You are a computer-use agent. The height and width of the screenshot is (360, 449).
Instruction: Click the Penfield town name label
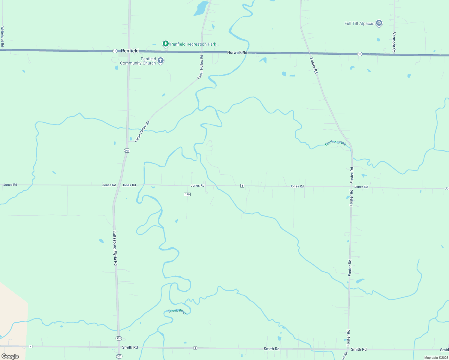coord(130,51)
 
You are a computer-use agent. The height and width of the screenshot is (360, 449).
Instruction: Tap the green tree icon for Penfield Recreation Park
coord(165,44)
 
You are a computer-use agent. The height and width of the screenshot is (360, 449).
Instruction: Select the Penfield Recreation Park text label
coord(193,44)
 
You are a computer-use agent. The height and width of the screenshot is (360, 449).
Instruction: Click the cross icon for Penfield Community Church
coord(161,61)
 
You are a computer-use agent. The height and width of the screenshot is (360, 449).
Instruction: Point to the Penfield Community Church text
coord(138,61)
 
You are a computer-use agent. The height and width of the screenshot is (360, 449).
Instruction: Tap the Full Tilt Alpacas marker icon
coord(379,23)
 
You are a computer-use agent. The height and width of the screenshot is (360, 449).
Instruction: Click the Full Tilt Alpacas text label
coord(359,23)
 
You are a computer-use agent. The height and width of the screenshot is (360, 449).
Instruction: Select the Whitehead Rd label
coord(2,36)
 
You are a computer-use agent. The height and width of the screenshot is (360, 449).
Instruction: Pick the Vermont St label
coord(394,42)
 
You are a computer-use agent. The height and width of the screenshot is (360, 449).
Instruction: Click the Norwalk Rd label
coord(237,52)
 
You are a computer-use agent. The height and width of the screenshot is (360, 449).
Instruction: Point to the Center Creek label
coord(336,143)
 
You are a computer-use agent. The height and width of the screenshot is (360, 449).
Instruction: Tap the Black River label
coord(177,311)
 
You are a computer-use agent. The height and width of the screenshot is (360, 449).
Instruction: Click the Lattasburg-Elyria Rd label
coord(115,248)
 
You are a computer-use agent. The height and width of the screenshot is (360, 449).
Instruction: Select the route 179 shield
coord(187,194)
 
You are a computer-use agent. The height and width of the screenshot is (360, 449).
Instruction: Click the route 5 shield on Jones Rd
coord(242,186)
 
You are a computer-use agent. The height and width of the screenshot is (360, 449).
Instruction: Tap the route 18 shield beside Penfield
coord(115,51)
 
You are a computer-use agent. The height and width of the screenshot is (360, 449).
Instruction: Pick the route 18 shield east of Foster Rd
coord(360,54)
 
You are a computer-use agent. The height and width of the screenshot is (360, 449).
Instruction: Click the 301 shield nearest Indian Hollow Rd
coord(127,150)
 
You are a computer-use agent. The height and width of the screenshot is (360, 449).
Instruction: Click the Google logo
coord(10,356)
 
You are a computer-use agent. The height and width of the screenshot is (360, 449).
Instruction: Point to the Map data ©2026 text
coord(436,358)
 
